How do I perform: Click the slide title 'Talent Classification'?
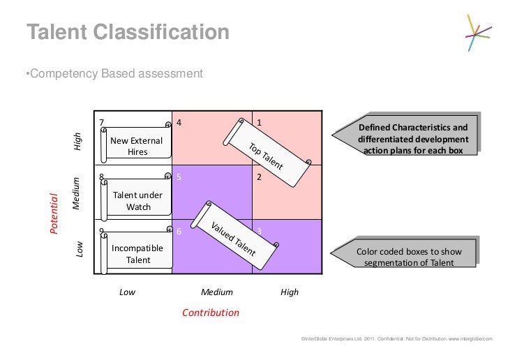(x=128, y=32)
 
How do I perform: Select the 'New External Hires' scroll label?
(x=137, y=146)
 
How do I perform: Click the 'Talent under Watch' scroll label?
(x=137, y=200)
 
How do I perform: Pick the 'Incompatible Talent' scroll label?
(x=137, y=254)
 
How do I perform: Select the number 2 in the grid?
(x=260, y=177)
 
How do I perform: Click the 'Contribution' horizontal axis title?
(x=210, y=313)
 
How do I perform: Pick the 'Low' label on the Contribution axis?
(x=127, y=293)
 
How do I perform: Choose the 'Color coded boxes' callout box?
(x=411, y=257)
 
